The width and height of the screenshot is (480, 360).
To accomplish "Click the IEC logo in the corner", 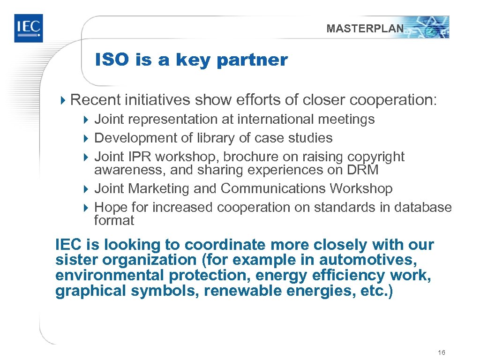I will [x=28, y=28].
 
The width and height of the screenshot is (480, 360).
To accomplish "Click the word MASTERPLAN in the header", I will [x=365, y=29].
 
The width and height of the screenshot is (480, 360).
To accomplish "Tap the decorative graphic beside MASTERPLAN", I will [x=428, y=27].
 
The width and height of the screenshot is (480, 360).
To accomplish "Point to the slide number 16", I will [x=441, y=352].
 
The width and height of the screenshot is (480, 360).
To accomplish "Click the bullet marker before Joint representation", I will [x=86, y=120].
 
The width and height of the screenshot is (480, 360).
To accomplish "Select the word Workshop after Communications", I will [x=361, y=188].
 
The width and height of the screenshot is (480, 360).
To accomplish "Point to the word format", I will [x=114, y=220].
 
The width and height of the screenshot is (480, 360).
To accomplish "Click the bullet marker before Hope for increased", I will [x=86, y=208].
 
